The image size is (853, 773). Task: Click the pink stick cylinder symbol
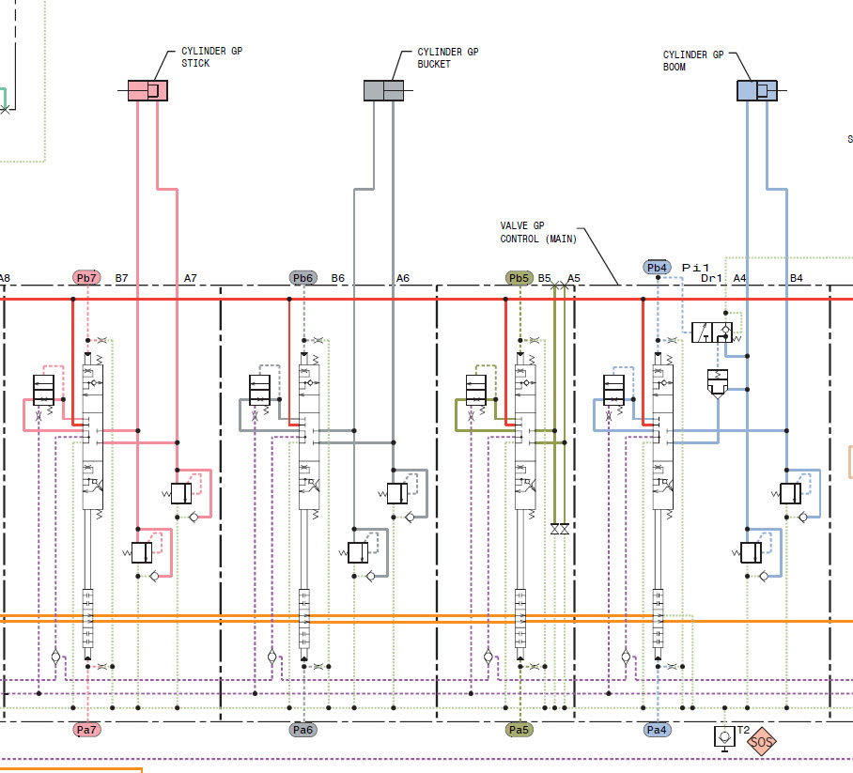coord(147,90)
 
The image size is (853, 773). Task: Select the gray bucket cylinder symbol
coord(383,90)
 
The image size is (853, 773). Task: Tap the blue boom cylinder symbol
coord(757,90)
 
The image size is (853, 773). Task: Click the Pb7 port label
coord(86,278)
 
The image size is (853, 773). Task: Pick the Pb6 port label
coord(303,278)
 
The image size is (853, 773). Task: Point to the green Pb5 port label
coord(520,278)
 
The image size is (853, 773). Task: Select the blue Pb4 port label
coord(658,268)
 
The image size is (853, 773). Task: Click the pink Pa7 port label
coord(86,729)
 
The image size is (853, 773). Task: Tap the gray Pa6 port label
coord(303,729)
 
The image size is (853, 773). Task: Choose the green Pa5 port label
coord(520,729)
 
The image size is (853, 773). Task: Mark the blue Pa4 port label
coord(658,729)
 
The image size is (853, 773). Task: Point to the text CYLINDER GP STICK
coord(211,58)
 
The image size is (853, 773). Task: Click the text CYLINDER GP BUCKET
coord(447,58)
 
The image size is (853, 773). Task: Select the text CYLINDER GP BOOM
coord(693,61)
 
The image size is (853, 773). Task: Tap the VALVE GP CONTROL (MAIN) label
coord(537,232)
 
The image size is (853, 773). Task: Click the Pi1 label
coord(695,268)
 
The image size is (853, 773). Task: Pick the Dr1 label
coord(712,278)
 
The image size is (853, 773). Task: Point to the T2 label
coord(742,730)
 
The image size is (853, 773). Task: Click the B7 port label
coord(122,278)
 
